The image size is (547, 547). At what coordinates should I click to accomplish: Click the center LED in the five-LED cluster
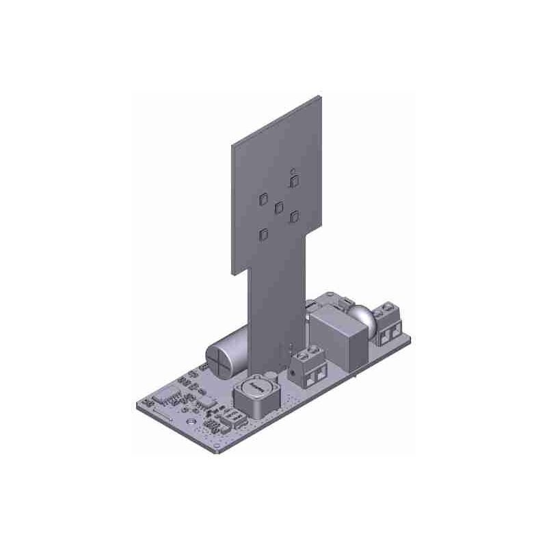coord(279,207)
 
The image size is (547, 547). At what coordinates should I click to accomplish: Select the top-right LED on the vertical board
coord(295,181)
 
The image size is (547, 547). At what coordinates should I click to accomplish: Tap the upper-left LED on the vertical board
coord(263,200)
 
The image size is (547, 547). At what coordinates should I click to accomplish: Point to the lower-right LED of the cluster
coord(295,216)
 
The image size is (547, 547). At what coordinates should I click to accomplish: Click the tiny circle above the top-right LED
coord(293,170)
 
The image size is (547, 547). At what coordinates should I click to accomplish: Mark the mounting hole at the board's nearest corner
coord(217,446)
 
